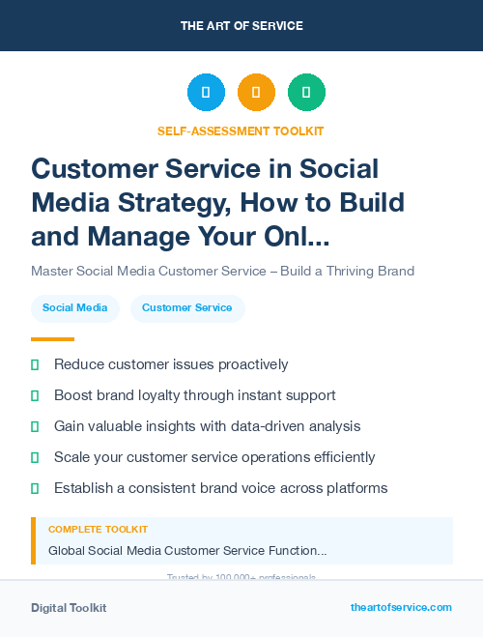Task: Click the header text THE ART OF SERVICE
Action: (x=241, y=26)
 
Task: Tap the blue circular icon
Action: (x=206, y=93)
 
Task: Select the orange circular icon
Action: (x=256, y=93)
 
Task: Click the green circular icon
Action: (x=306, y=93)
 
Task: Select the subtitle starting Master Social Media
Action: (x=222, y=271)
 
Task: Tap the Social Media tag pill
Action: (x=75, y=308)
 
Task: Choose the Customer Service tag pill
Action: (x=187, y=308)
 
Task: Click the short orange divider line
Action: (x=52, y=339)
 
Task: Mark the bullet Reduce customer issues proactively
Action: (x=171, y=364)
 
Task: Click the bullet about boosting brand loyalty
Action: (x=194, y=395)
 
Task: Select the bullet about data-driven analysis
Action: (x=207, y=426)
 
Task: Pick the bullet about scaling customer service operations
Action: (x=214, y=457)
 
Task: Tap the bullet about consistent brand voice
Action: (x=220, y=488)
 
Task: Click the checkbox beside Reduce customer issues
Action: (x=35, y=364)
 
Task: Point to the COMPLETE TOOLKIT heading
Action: (x=99, y=530)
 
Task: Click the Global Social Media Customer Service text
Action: (x=187, y=550)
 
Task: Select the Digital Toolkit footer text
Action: (x=69, y=608)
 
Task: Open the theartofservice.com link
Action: (x=401, y=607)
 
